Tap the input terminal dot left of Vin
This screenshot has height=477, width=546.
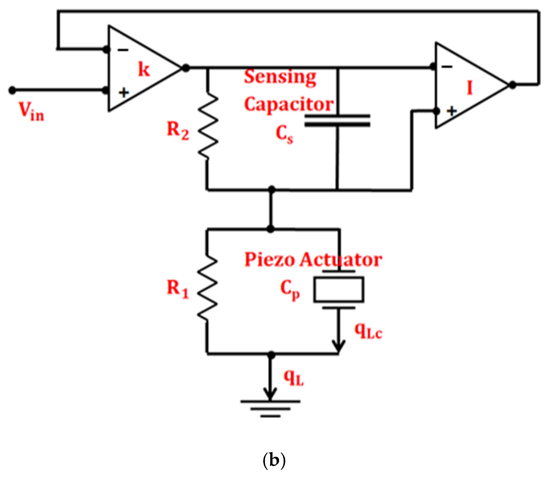12,90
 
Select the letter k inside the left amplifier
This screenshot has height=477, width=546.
144,69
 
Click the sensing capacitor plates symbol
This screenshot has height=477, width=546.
337,120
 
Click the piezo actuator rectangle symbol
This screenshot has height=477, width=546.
339,290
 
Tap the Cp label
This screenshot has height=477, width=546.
290,290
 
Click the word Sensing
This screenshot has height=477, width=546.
280,77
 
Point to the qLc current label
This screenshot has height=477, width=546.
368,331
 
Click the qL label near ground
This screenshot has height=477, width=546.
294,378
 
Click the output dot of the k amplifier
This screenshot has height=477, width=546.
186,68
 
